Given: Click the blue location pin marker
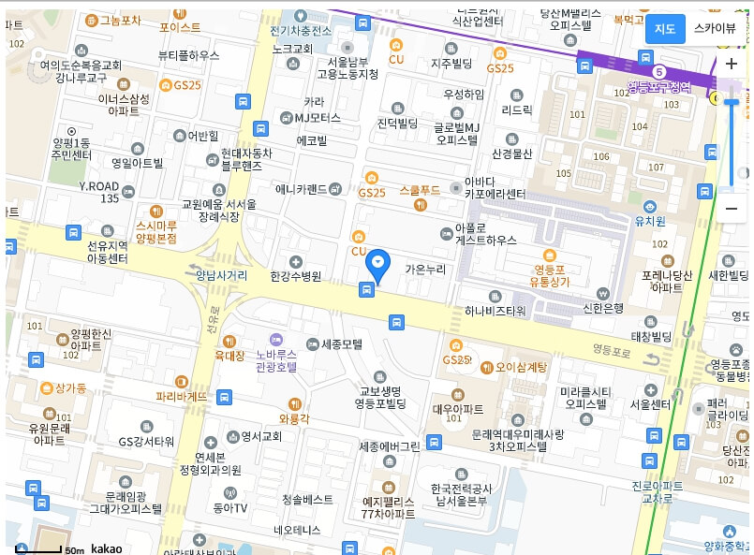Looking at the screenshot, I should pyautogui.click(x=378, y=265).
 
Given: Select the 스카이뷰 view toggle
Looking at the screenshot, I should pyautogui.click(x=715, y=29).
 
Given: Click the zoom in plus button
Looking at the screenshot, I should pyautogui.click(x=732, y=65).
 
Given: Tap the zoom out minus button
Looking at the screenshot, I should pyautogui.click(x=732, y=208).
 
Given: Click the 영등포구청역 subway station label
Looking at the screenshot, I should pyautogui.click(x=658, y=87).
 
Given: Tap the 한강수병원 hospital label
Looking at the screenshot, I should pyautogui.click(x=295, y=276).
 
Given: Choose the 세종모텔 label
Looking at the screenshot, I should pyautogui.click(x=341, y=343).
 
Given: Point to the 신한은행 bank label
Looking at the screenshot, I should pyautogui.click(x=603, y=307).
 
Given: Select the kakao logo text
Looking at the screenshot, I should pyautogui.click(x=107, y=548).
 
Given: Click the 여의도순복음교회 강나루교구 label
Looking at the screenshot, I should pyautogui.click(x=81, y=71).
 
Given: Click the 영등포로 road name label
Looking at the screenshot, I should pyautogui.click(x=613, y=349).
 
